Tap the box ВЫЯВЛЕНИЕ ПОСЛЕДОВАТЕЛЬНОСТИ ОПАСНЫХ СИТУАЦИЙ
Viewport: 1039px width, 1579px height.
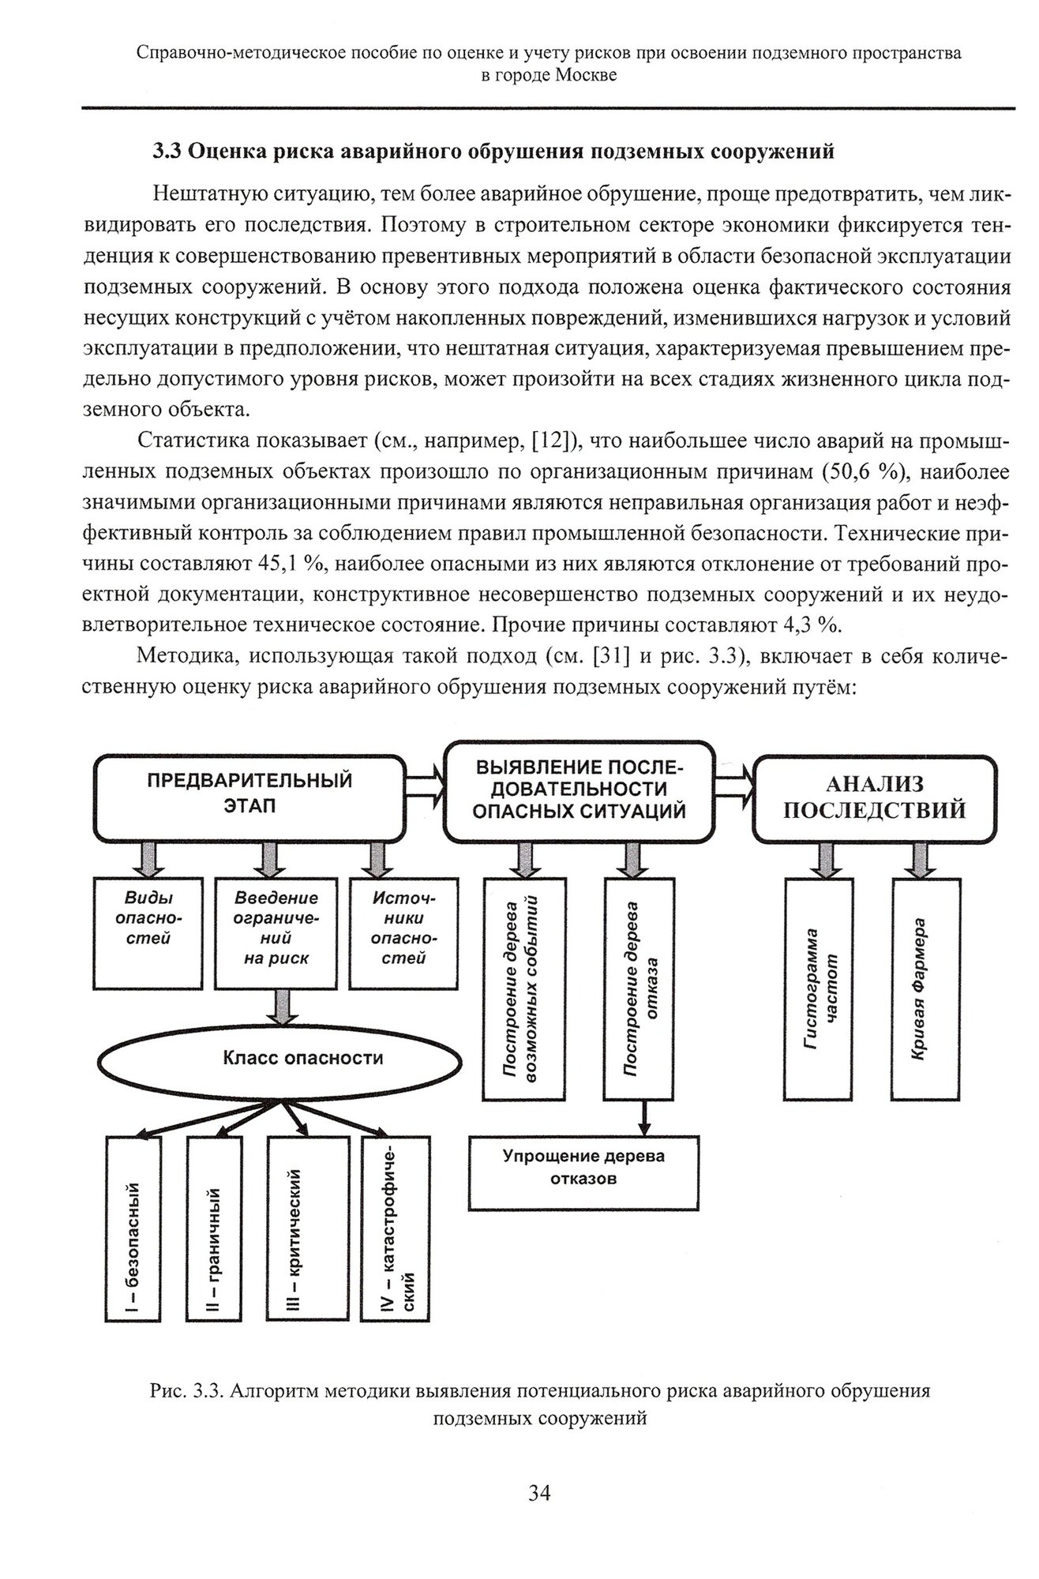(579, 789)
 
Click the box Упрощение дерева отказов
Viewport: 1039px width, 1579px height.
(583, 1172)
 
